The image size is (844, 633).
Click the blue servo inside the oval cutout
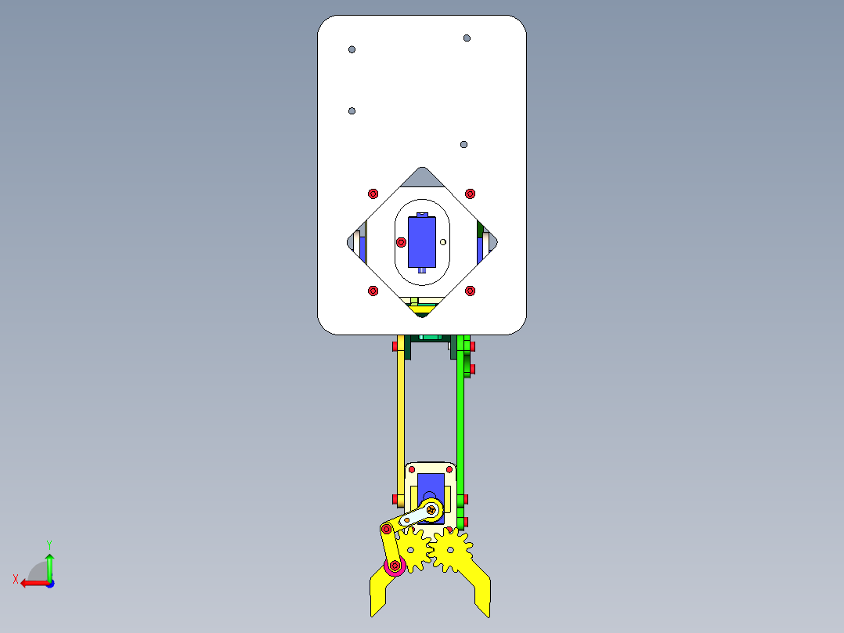click(422, 242)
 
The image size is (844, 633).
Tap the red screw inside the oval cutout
click(402, 242)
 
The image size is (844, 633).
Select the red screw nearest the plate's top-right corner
click(470, 194)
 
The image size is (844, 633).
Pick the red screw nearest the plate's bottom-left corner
click(373, 291)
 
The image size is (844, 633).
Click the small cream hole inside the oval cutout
click(443, 242)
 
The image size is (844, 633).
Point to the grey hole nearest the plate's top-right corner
click(467, 38)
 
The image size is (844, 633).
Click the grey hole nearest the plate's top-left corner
click(352, 49)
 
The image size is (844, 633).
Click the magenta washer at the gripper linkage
click(395, 566)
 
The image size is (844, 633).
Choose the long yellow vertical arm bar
click(400, 415)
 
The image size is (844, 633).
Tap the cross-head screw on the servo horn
click(431, 510)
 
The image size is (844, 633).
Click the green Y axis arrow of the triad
click(49, 562)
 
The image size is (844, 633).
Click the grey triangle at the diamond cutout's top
click(424, 178)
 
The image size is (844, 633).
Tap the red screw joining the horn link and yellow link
click(385, 530)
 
